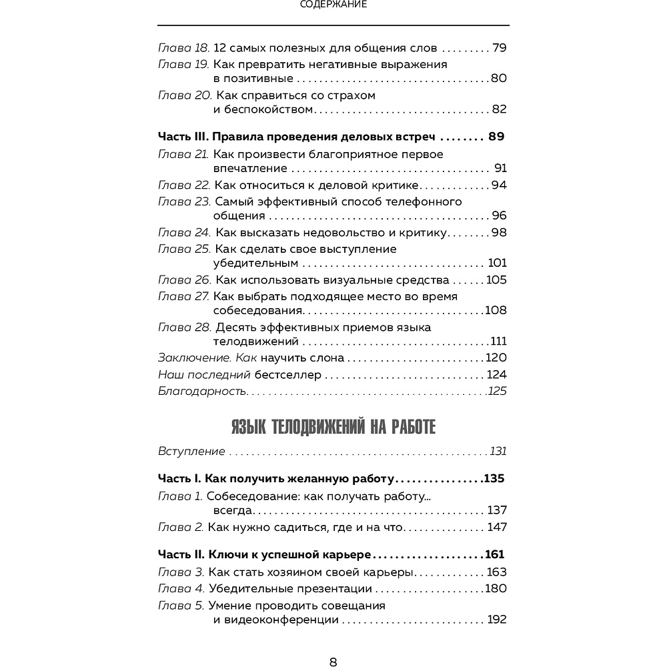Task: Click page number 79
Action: click(x=499, y=48)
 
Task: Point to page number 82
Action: click(x=499, y=109)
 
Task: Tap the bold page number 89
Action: click(x=496, y=137)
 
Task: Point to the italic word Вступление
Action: click(x=191, y=452)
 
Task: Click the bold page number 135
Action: click(x=494, y=479)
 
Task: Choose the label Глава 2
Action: click(x=180, y=527)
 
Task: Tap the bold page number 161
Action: click(x=494, y=554)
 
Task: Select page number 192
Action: click(x=497, y=620)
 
